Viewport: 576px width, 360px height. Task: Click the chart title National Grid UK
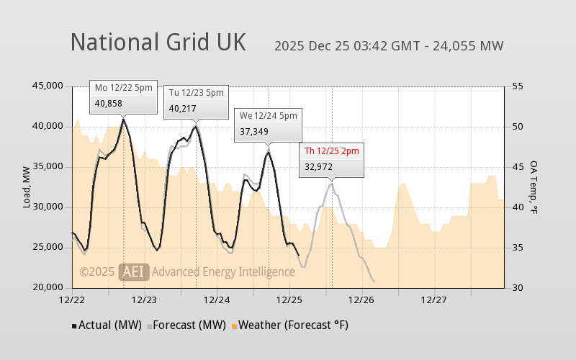158,42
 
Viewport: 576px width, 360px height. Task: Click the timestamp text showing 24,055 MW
389,46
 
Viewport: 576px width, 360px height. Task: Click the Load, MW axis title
27,187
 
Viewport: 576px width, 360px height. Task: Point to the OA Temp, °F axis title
534,187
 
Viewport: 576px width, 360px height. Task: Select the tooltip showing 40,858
124,96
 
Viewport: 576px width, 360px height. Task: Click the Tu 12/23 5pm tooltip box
196,101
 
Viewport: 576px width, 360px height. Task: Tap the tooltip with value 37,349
268,124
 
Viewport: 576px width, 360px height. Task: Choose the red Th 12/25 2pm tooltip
331,158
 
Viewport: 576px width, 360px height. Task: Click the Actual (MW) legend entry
107,325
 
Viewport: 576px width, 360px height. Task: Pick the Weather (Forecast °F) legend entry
289,325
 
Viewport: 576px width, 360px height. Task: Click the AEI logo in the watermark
134,271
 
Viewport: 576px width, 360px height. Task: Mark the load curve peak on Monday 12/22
124,120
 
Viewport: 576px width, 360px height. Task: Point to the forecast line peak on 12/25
331,184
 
